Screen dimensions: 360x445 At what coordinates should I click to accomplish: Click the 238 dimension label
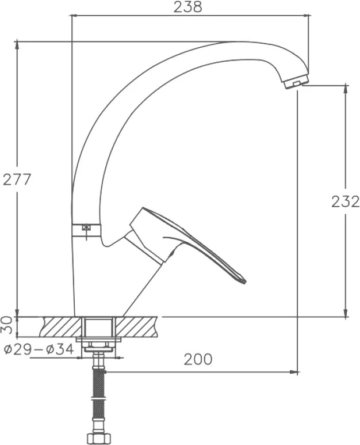(187, 7)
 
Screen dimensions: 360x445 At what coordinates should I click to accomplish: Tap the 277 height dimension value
(17, 180)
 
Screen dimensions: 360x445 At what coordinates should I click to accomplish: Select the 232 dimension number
(345, 202)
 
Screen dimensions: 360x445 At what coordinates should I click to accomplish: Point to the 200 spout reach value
(198, 359)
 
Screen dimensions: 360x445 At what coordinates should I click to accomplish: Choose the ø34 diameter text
(60, 349)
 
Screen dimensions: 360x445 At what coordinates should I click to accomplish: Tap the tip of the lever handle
(244, 282)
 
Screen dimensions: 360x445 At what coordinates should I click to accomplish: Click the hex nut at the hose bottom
(99, 438)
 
